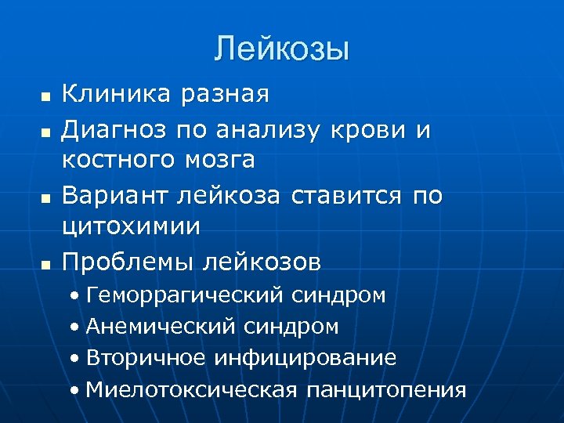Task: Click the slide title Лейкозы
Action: tap(281, 49)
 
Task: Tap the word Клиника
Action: tap(117, 94)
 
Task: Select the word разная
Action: tap(226, 95)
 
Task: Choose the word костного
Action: tap(121, 161)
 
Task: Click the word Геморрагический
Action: tap(185, 296)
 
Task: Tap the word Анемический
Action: tap(161, 327)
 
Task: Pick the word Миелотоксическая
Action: tap(193, 389)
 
